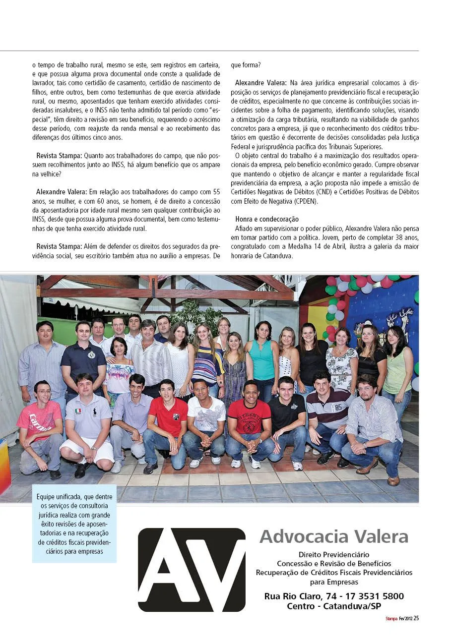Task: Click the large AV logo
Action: [192, 570]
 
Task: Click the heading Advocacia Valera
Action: [334, 536]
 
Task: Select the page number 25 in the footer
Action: [416, 618]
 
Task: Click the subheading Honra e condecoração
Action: [267, 219]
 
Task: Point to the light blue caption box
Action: [74, 524]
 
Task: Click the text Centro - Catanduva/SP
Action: [334, 606]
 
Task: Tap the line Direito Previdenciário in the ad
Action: [334, 554]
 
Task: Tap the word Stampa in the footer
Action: [392, 619]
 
